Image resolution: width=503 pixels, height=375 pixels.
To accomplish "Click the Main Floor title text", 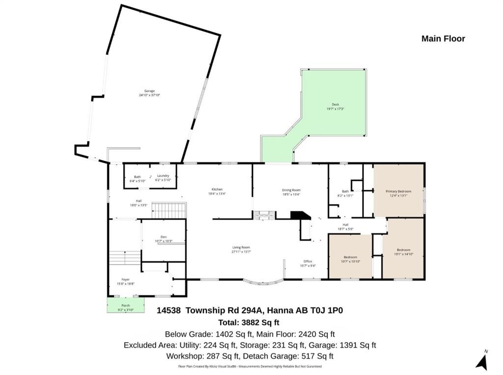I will (443, 39).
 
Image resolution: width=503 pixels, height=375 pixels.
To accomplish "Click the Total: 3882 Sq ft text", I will (249, 323).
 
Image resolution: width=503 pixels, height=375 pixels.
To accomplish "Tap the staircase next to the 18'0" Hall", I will (168, 211).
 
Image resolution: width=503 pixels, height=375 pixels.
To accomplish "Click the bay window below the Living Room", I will (264, 282).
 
